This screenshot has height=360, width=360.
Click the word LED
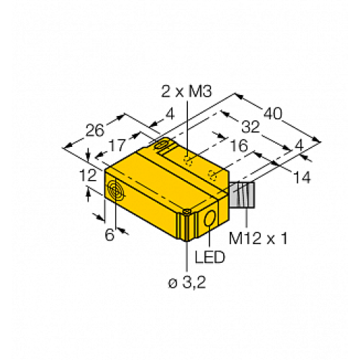[203, 257]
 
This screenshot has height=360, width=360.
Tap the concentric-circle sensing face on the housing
[114, 191]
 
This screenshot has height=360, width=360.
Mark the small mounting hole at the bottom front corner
[187, 211]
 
